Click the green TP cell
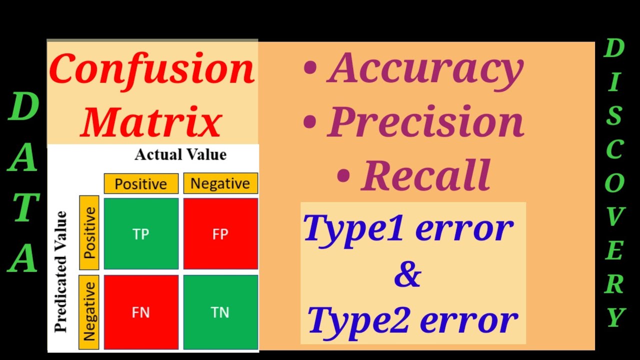(x=141, y=233)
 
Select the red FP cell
(x=220, y=233)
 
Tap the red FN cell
(x=141, y=312)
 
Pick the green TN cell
(x=220, y=312)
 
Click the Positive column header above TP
(x=141, y=183)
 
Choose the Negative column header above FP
(x=220, y=183)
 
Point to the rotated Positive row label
(x=89, y=233)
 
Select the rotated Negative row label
(x=89, y=311)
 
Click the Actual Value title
(x=180, y=155)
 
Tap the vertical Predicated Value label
(x=61, y=271)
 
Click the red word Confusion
(x=152, y=69)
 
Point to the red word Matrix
(x=151, y=122)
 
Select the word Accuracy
(x=425, y=69)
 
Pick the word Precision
(x=425, y=122)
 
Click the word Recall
(x=425, y=174)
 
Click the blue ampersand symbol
(x=407, y=275)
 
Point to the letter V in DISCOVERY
(x=614, y=217)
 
